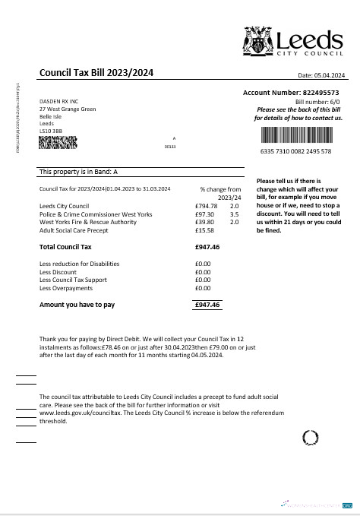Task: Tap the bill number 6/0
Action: point(333,100)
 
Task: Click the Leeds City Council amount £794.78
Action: point(206,206)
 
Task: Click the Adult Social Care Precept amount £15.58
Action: point(204,230)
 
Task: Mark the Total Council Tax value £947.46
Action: point(207,247)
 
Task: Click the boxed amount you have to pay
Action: point(207,305)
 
